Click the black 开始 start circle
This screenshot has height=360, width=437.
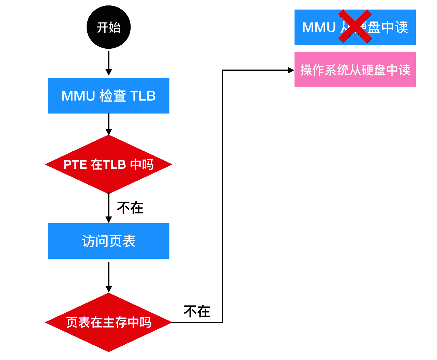coord(108,27)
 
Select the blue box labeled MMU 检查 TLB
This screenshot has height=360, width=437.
coord(108,96)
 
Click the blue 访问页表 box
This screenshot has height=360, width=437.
coord(108,241)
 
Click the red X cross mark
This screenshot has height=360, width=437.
coord(355,26)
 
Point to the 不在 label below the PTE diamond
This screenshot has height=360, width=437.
coord(130,208)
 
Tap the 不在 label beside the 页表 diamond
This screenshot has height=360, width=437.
coord(197,311)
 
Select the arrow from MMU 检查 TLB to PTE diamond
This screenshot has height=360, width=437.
coord(108,124)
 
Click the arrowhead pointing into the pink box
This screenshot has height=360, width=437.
coord(291,70)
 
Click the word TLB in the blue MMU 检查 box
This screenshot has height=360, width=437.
coord(143,96)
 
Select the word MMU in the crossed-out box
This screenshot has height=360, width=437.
coord(319,27)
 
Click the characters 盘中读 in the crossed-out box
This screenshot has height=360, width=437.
coord(388,27)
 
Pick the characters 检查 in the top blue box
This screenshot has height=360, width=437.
coord(113,96)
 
